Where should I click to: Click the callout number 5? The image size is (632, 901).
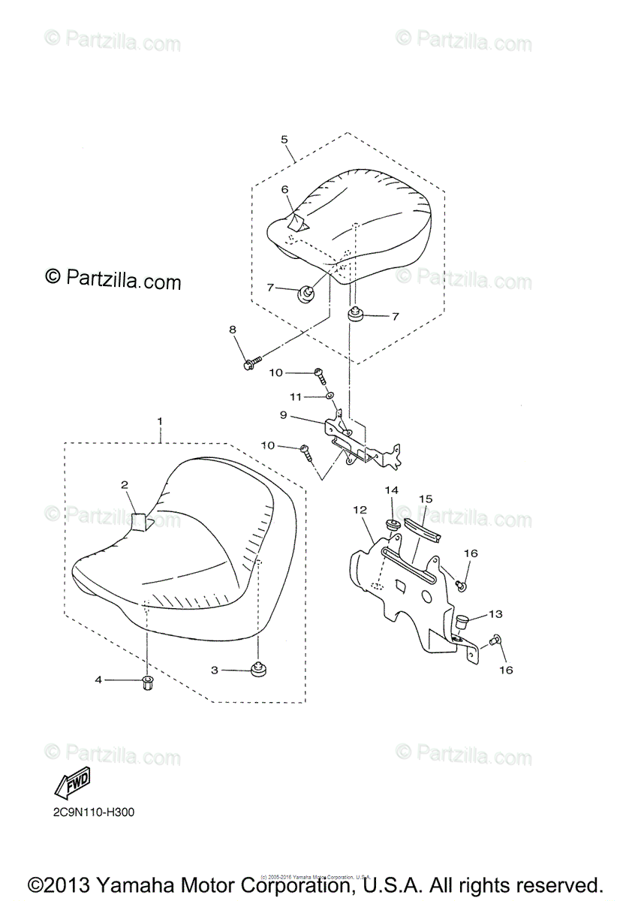[284, 140]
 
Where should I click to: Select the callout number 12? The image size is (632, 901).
[360, 510]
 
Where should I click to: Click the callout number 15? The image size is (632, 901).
[426, 499]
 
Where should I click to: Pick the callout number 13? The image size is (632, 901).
[495, 614]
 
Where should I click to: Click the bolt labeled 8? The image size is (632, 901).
[251, 363]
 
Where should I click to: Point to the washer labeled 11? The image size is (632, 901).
[330, 395]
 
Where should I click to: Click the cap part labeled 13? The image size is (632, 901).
[462, 621]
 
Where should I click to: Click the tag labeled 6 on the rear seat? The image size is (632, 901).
[297, 222]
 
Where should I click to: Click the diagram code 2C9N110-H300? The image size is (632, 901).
[89, 812]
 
